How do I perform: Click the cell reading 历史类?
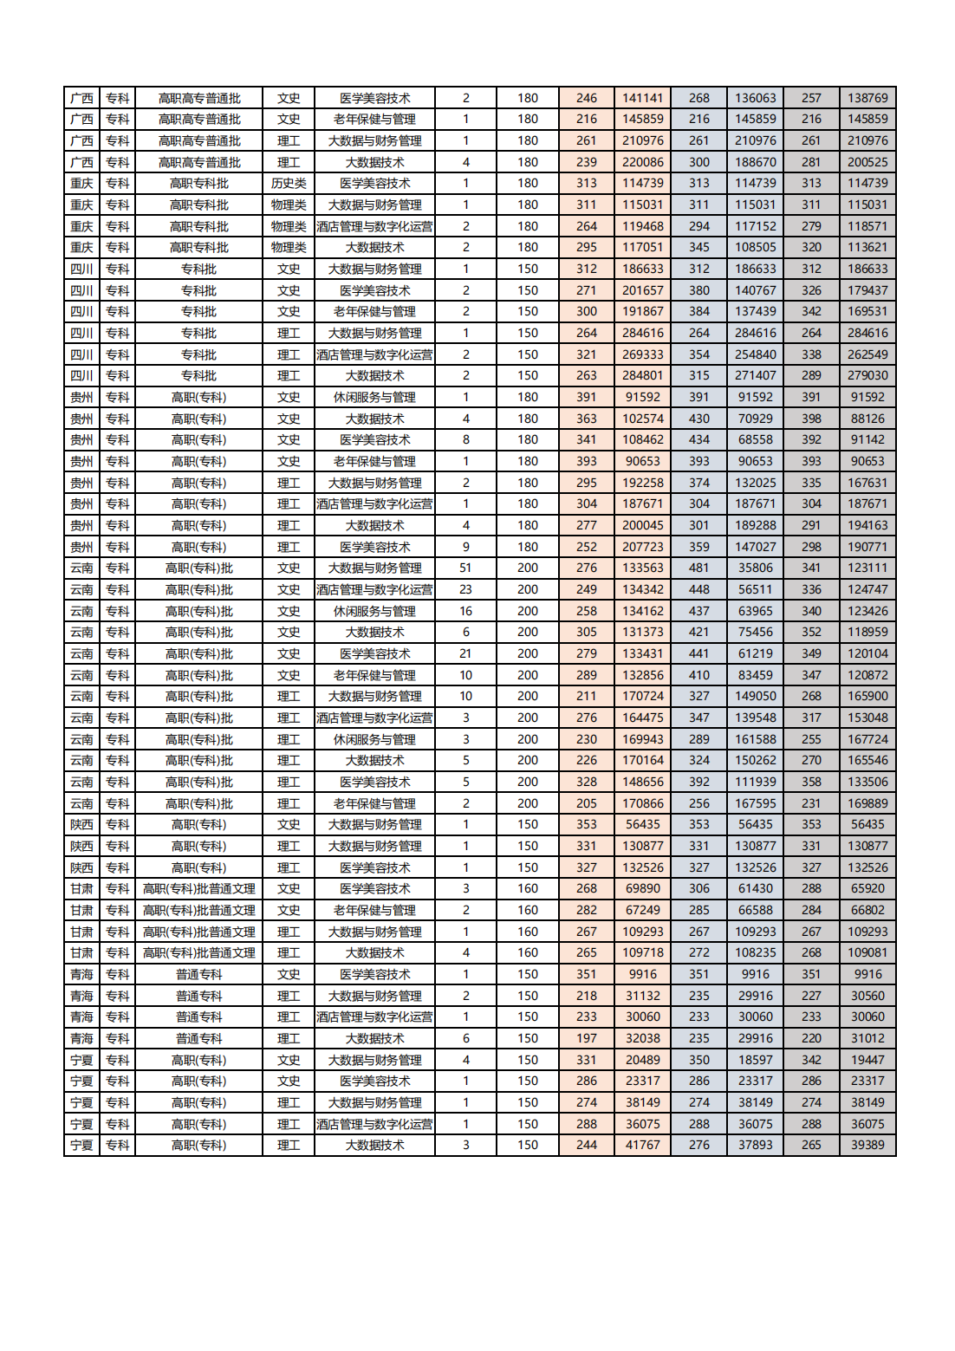click(x=289, y=184)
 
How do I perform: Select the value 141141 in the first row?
click(x=642, y=98)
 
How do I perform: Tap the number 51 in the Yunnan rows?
click(x=465, y=568)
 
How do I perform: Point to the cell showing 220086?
click(x=642, y=162)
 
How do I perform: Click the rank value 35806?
click(x=755, y=568)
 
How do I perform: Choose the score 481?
click(x=698, y=568)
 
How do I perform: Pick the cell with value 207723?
click(x=642, y=547)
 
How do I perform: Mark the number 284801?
click(x=642, y=376)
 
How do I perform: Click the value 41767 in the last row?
click(x=642, y=1146)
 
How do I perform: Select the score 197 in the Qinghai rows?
click(x=587, y=1038)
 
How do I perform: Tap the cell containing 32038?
click(x=642, y=1038)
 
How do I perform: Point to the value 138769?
click(x=867, y=98)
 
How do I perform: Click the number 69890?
click(x=642, y=889)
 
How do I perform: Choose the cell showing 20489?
click(x=642, y=1060)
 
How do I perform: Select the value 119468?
click(x=642, y=226)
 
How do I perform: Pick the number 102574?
click(x=642, y=419)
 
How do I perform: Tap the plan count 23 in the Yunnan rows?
click(x=465, y=589)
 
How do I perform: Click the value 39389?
click(x=867, y=1146)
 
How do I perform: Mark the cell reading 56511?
click(x=755, y=589)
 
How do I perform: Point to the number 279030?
click(x=867, y=376)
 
